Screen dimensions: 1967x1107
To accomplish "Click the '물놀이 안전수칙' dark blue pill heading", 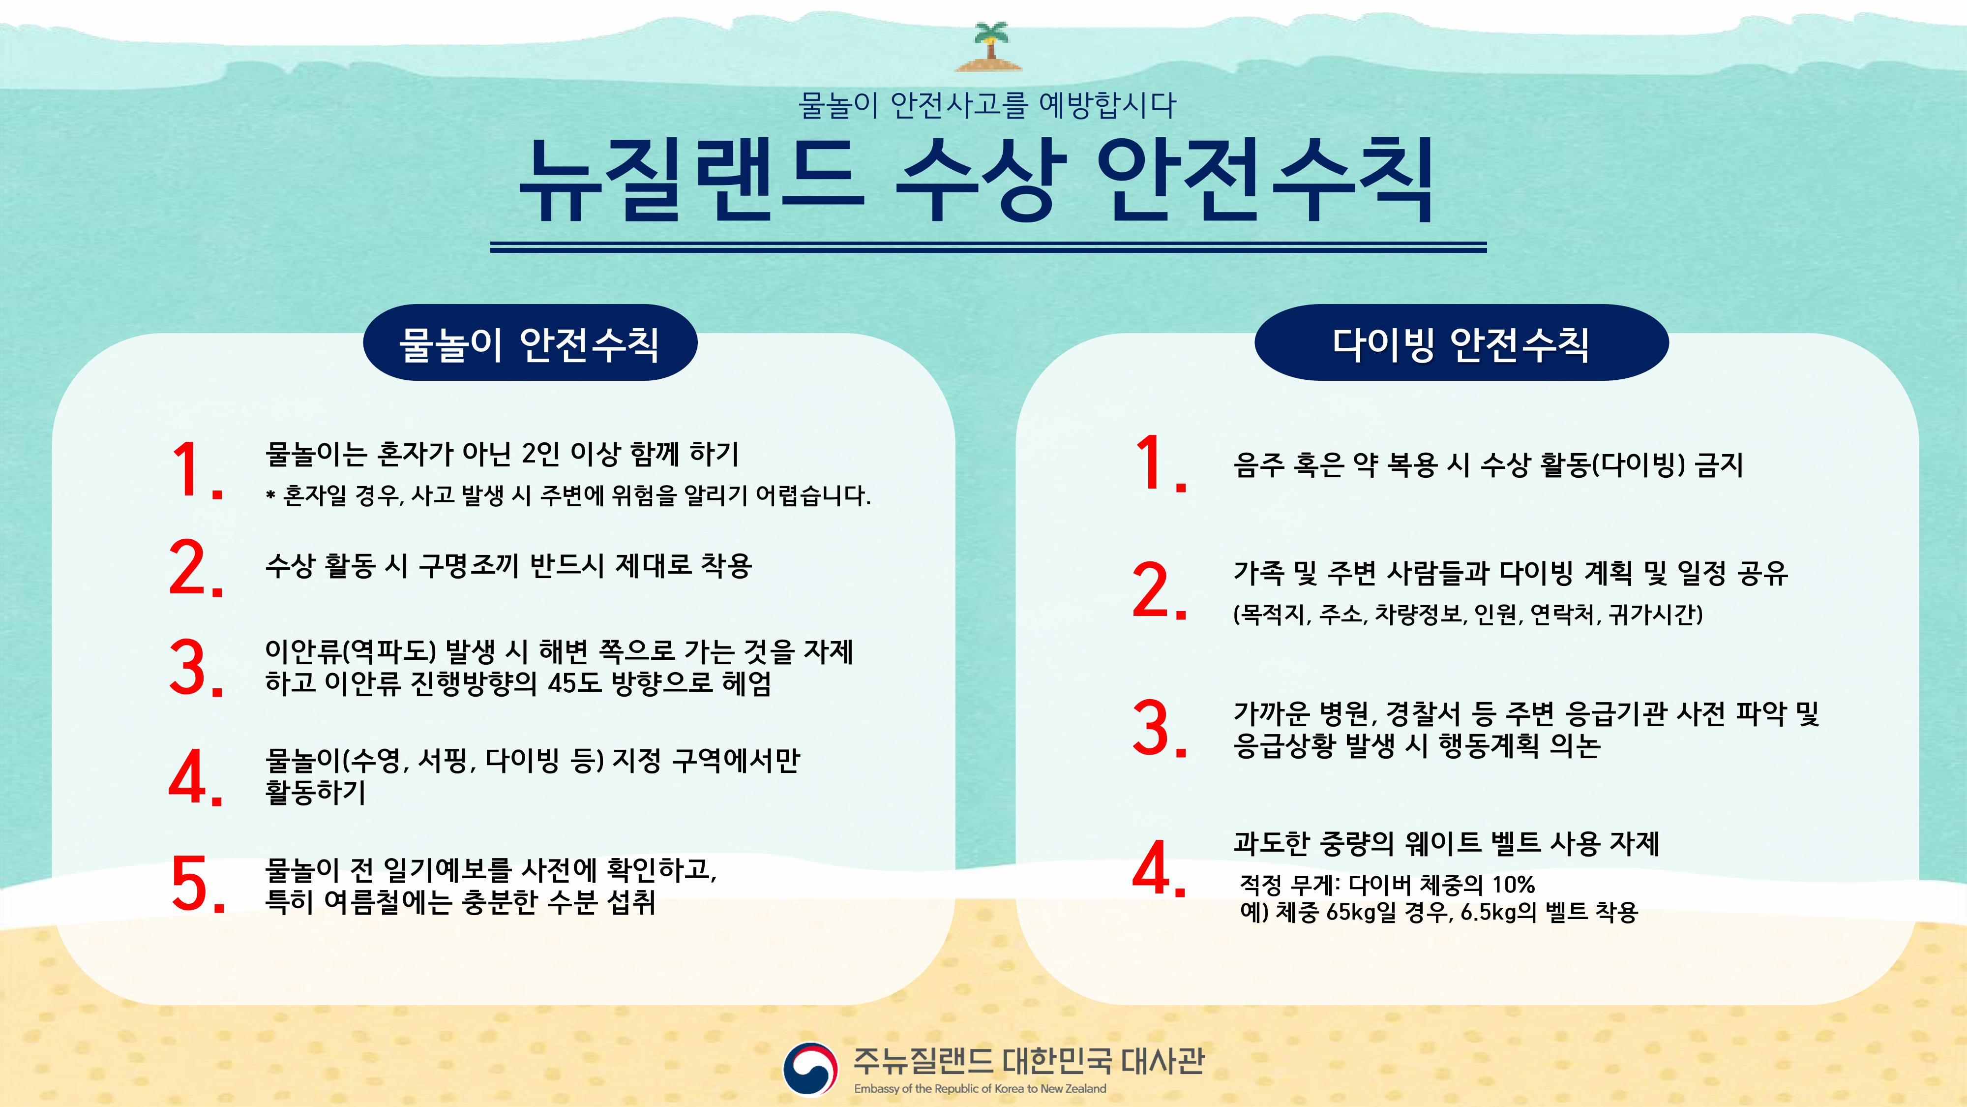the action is point(530,343).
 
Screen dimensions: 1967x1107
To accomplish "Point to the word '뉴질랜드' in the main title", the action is point(692,182).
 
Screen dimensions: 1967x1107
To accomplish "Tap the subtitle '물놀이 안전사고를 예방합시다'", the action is point(987,105).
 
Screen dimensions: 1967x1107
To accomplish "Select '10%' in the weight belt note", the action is point(1514,885).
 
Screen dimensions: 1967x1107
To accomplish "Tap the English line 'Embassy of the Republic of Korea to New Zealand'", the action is point(980,1089).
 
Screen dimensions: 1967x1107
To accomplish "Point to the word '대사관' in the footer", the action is point(1163,1060).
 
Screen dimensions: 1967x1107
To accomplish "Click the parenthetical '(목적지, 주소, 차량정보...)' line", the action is point(1467,614).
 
